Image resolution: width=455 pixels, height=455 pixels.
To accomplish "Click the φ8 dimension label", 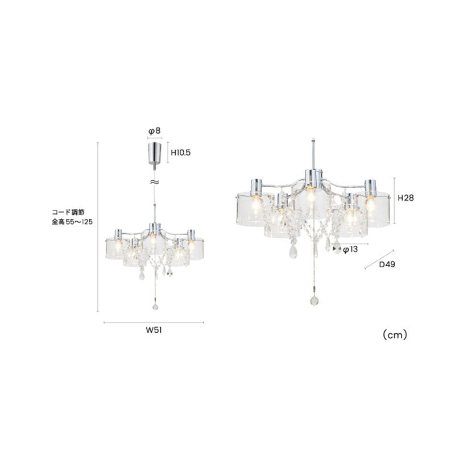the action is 154,131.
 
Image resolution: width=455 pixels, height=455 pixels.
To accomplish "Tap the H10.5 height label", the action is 180,152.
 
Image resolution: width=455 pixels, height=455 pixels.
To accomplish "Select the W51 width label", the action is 154,330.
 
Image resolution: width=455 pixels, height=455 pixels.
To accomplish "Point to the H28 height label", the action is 406,198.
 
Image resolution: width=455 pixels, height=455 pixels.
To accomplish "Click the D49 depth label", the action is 387,264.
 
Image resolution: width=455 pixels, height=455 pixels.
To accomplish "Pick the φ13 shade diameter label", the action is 350,250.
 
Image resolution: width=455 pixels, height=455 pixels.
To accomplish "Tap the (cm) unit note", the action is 395,335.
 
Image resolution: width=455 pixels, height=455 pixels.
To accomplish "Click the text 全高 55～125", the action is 72,222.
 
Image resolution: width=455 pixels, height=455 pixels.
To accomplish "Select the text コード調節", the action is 68,212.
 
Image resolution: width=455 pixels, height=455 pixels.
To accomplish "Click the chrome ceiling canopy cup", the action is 155,153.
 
